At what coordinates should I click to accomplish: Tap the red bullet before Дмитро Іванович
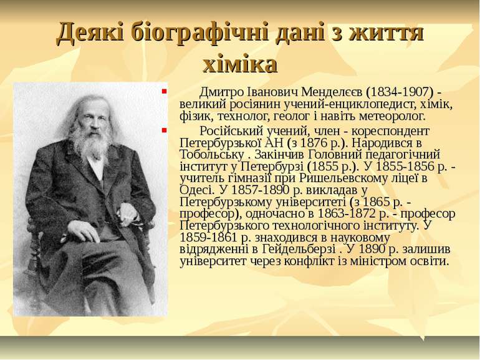coord(163,91)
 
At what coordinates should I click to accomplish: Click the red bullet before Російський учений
coord(163,130)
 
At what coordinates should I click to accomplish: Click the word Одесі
coord(197,190)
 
